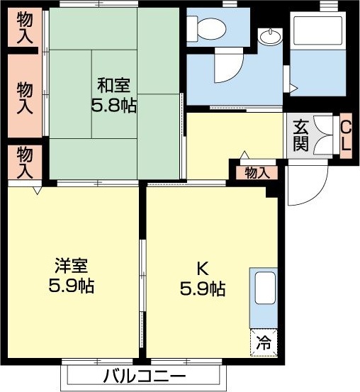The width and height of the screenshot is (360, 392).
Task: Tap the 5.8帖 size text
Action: click(x=113, y=106)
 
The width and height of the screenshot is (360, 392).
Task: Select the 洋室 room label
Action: click(x=71, y=267)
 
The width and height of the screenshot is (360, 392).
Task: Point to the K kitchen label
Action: click(x=202, y=269)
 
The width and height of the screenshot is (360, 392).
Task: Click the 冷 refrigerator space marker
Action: click(x=264, y=344)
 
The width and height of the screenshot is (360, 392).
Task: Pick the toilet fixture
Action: click(x=208, y=28)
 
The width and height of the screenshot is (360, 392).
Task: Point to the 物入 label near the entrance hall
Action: click(x=257, y=172)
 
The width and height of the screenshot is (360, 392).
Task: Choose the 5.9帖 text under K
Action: click(x=202, y=289)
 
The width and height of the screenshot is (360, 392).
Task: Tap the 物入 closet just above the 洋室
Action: click(x=24, y=162)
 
